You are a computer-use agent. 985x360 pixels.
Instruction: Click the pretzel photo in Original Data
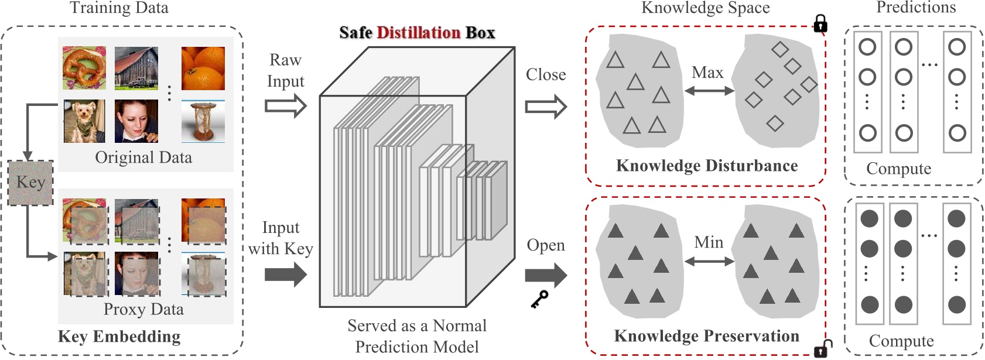tap(84, 68)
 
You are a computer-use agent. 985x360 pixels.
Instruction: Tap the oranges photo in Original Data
tap(203, 68)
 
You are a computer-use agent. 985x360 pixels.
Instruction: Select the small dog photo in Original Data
tap(84, 121)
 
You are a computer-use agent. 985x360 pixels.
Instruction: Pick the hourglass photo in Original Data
tap(203, 121)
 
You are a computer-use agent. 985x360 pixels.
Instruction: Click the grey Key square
tap(30, 183)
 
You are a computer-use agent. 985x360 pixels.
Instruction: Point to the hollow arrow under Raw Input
tap(285, 106)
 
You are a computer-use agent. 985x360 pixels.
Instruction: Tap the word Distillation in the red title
tap(418, 32)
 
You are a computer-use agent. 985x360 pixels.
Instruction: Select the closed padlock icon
tap(820, 23)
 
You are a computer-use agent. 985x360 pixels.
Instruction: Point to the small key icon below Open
tap(539, 299)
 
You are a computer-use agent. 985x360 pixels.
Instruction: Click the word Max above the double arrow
tap(707, 73)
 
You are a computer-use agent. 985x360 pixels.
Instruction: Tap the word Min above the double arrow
tap(709, 242)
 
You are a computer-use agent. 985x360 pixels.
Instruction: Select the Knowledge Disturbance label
tap(707, 166)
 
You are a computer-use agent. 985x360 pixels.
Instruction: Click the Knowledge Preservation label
tap(706, 336)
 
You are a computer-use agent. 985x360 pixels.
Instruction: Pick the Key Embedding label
tap(119, 337)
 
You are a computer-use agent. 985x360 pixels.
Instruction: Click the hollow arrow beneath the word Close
tap(546, 107)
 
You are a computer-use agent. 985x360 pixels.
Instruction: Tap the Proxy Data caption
tap(143, 309)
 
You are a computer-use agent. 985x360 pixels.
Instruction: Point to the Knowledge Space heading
tap(705, 8)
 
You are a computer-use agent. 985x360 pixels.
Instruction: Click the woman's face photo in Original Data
tap(136, 121)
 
